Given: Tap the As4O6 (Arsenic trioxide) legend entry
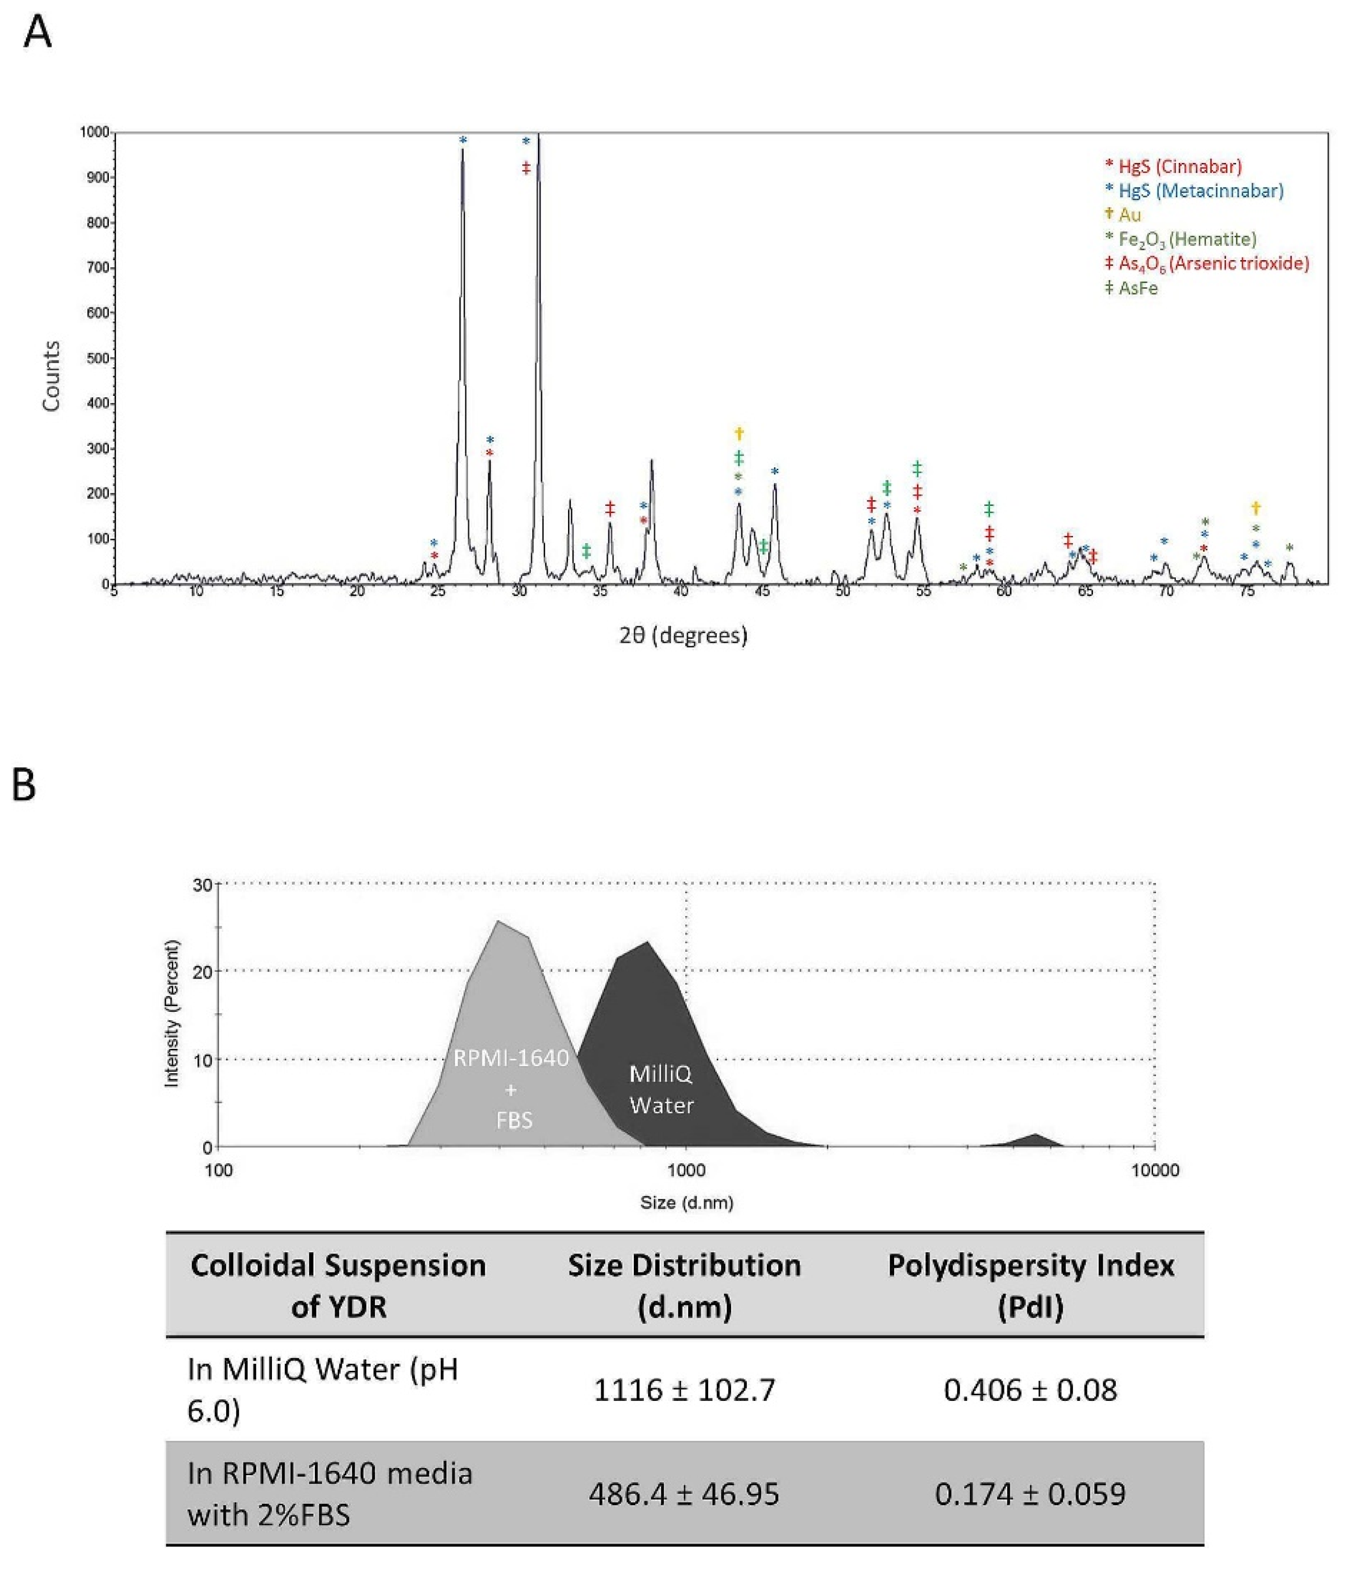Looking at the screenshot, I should (x=1207, y=263).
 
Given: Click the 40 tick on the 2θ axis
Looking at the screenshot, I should (x=680, y=591).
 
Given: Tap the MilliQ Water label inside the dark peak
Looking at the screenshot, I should (x=661, y=1090).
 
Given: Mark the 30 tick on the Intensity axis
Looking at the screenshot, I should (x=202, y=885).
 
